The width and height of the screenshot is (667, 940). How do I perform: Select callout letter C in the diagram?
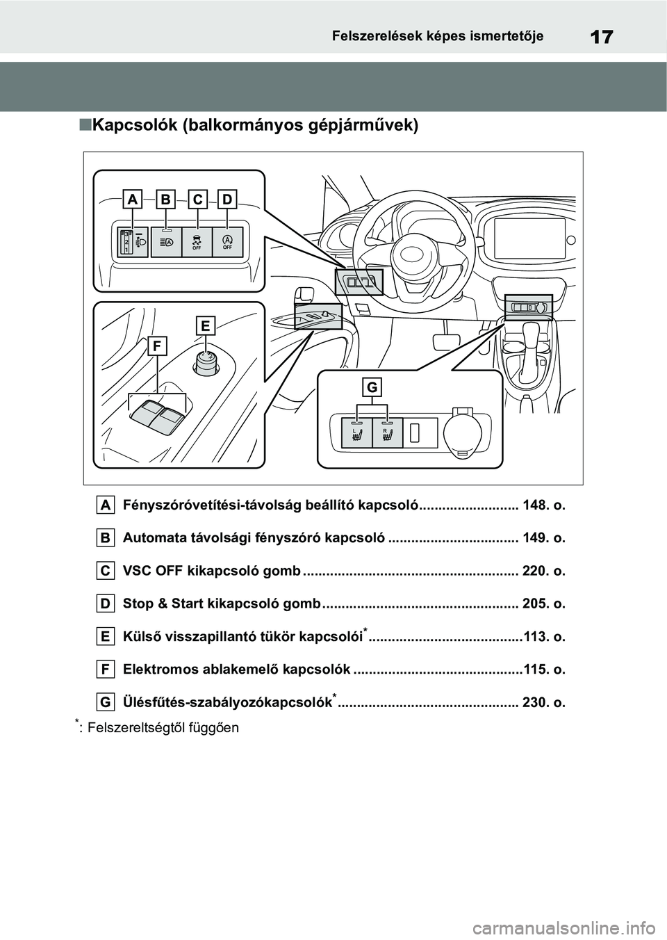click(x=197, y=200)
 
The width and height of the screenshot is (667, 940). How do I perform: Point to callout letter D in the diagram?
click(x=228, y=200)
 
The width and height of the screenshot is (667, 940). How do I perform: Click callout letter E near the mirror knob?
click(x=206, y=325)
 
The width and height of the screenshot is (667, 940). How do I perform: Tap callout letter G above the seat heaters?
click(x=372, y=387)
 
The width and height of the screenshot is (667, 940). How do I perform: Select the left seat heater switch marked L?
click(x=356, y=435)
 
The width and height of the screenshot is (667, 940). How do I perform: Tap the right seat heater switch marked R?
click(x=387, y=435)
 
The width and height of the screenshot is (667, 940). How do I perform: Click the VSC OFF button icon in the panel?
click(x=197, y=242)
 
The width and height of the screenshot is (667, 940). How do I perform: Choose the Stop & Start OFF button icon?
click(x=227, y=242)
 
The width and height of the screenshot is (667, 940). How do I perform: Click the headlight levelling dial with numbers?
click(x=127, y=242)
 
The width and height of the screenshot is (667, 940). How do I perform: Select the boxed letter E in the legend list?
click(x=105, y=636)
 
